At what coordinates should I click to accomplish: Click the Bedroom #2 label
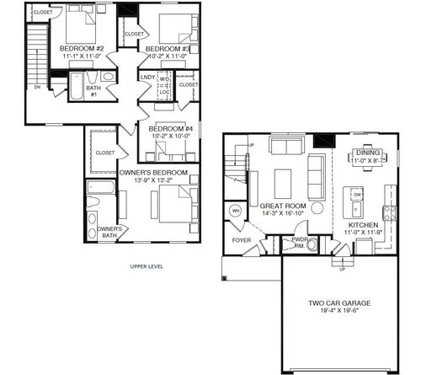pyautogui.click(x=82, y=50)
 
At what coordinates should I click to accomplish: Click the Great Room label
pyautogui.click(x=282, y=206)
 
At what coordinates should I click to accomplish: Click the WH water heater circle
pyautogui.click(x=237, y=211)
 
